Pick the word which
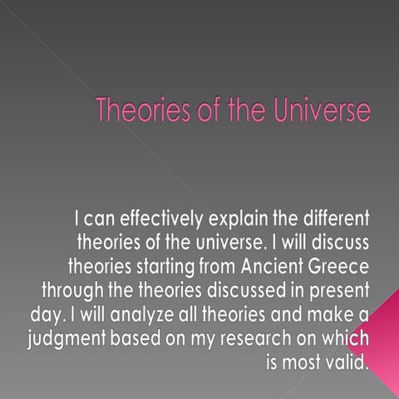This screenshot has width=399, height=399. [343, 340]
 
